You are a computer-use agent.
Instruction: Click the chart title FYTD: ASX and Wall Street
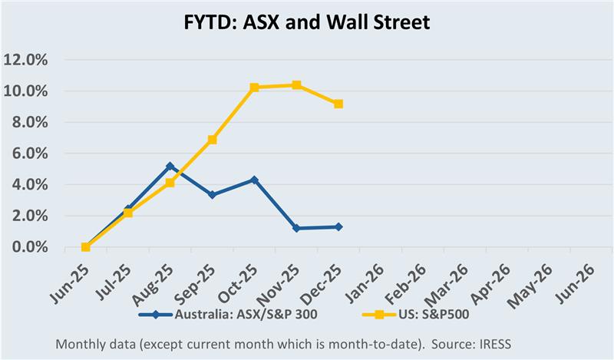tap(307, 23)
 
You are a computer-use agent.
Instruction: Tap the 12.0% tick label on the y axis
tap(26, 60)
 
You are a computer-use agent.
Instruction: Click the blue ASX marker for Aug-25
tap(170, 166)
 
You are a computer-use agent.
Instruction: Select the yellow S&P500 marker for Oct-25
tap(254, 88)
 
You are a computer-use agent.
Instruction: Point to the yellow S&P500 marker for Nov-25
tap(296, 85)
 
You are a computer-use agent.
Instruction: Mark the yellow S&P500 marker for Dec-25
tap(338, 104)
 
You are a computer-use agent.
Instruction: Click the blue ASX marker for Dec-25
tap(338, 227)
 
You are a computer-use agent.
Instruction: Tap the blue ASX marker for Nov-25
tap(296, 229)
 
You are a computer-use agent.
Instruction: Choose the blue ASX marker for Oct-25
tap(254, 180)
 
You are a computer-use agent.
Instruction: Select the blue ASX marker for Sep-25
tap(212, 195)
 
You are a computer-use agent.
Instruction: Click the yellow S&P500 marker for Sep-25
tap(212, 140)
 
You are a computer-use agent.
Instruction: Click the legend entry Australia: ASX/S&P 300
tap(229, 313)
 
